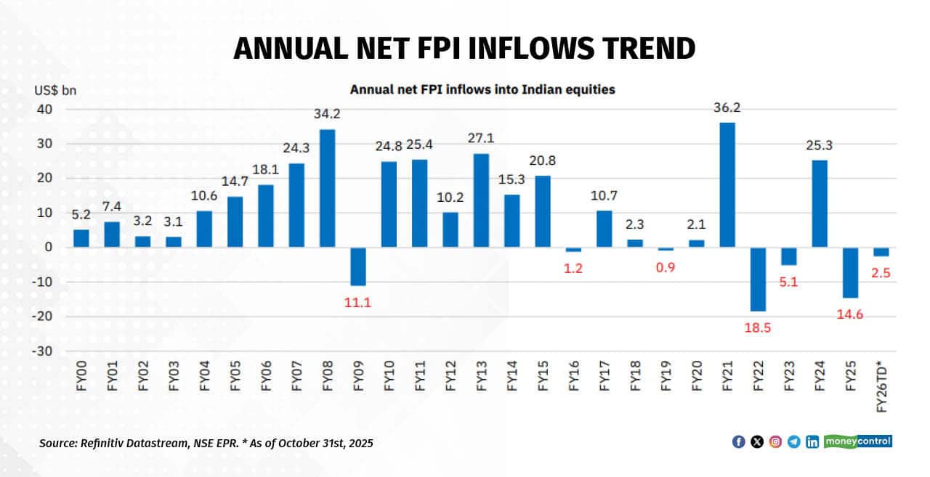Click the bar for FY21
pos(727,184)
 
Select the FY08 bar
pos(328,188)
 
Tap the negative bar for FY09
pos(358,266)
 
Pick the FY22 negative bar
pos(758,279)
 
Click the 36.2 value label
pos(727,107)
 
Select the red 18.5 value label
pos(758,327)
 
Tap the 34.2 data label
pos(328,115)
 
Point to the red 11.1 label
pos(358,303)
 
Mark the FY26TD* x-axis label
pos(881,386)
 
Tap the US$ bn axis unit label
pos(54,91)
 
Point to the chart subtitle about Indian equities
pos(482,90)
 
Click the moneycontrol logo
pos(857,441)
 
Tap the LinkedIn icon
pos(812,441)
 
